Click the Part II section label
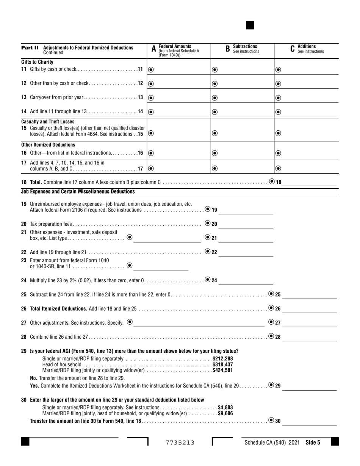pyautogui.click(x=30, y=48)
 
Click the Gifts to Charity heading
pyautogui.click(x=37, y=62)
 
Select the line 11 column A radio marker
pyautogui.click(x=151, y=70)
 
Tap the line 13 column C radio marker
pyautogui.click(x=278, y=98)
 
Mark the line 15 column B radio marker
pyautogui.click(x=214, y=133)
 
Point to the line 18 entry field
pyautogui.click(x=309, y=182)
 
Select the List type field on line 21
pyautogui.click(x=167, y=238)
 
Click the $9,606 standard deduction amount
pyautogui.click(x=225, y=414)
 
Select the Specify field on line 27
pyautogui.click(x=199, y=323)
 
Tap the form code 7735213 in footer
pyautogui.click(x=180, y=442)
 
